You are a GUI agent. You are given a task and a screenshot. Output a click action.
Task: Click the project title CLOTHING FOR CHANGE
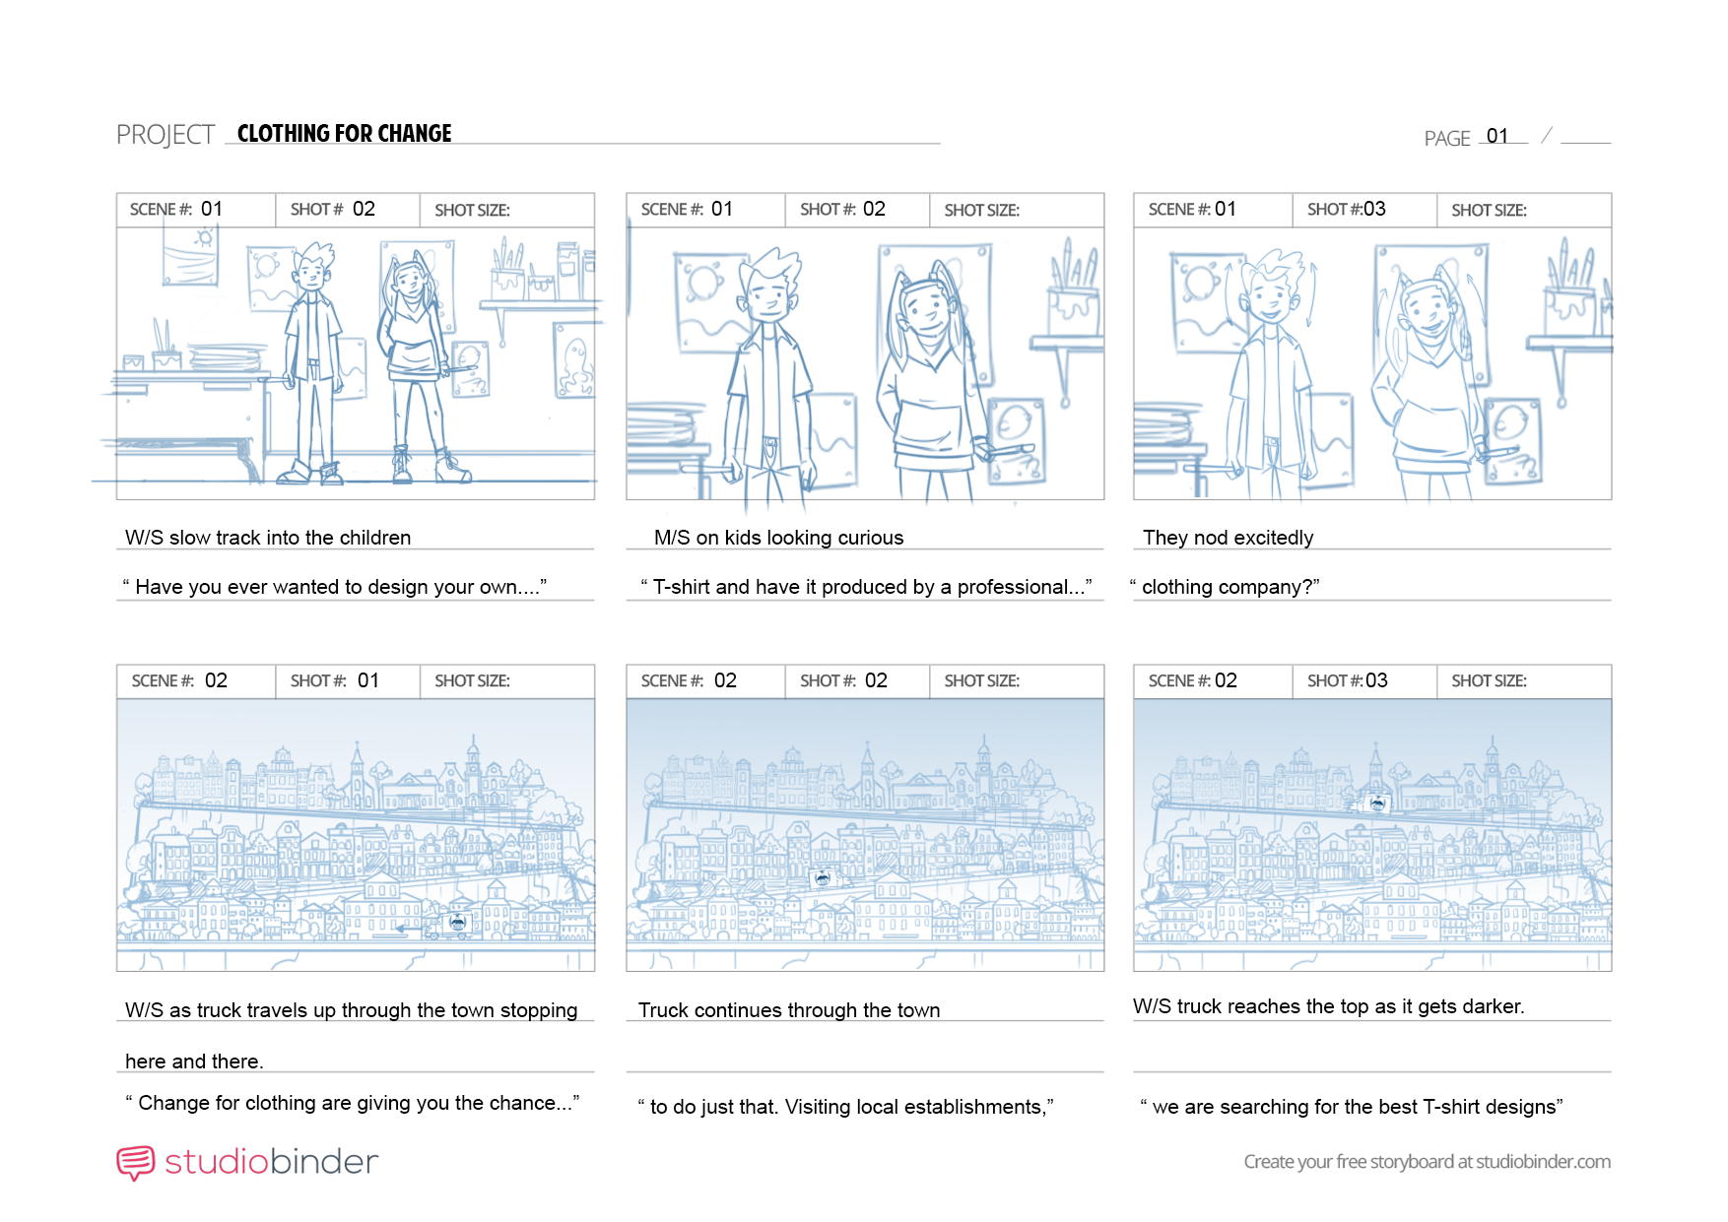344,134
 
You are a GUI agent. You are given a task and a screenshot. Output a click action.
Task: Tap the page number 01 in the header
1497,136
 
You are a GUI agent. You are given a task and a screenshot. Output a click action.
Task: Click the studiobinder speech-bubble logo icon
136,1163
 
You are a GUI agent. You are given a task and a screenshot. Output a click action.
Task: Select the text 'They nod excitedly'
1228,538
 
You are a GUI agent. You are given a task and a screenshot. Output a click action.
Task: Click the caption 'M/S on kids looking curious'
778,538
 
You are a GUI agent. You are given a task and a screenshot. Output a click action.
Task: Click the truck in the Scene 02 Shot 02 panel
821,878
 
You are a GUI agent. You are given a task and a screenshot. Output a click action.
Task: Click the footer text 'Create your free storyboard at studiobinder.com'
1428,1162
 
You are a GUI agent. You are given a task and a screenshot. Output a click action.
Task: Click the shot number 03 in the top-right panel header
1374,209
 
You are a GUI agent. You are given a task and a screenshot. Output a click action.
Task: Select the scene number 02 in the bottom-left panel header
216,680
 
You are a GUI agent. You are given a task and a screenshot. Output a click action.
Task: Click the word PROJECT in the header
166,135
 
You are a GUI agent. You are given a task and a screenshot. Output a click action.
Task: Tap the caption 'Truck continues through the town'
789,1010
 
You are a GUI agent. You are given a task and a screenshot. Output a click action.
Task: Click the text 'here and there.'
194,1061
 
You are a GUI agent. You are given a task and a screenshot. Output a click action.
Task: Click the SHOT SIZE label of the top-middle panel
982,210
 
